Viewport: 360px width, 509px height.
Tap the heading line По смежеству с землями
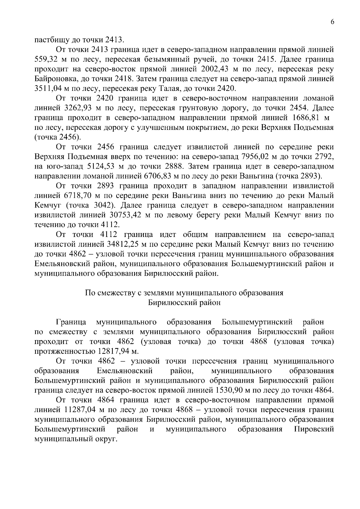pos(184,293)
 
